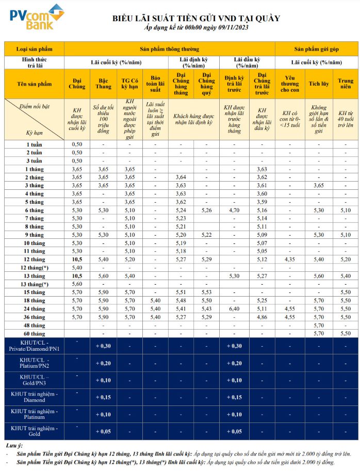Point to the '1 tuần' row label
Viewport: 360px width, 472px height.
pos(35,144)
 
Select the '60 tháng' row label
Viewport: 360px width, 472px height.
pos(35,333)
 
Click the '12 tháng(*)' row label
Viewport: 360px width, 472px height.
pos(35,268)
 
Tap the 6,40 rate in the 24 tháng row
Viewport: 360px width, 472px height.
pos(234,308)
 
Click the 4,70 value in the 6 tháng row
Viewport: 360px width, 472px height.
pos(234,210)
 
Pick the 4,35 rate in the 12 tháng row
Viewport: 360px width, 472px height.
pos(289,259)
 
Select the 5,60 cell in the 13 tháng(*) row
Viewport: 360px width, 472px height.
pos(77,284)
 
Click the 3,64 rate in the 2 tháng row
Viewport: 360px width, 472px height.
pos(181,177)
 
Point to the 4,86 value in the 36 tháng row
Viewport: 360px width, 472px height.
pos(261,317)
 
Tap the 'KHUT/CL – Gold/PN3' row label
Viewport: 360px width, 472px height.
pos(35,380)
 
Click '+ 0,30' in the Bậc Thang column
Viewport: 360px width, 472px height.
pos(104,346)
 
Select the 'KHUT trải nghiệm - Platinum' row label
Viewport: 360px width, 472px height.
pos(35,414)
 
